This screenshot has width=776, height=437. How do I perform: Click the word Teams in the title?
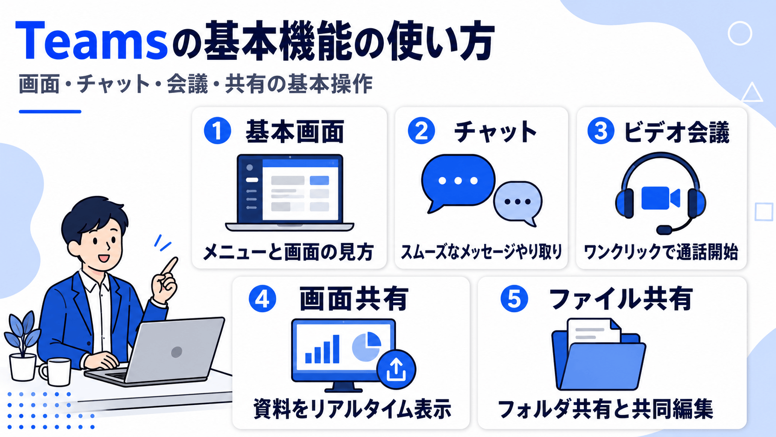tap(92, 41)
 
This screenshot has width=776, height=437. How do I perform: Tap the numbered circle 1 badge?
tap(218, 130)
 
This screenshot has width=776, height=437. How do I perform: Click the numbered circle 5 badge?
tap(514, 299)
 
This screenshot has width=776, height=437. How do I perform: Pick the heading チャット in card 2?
tap(495, 132)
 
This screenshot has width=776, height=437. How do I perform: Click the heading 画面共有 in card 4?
tap(354, 299)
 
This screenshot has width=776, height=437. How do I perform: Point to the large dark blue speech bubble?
tap(458, 183)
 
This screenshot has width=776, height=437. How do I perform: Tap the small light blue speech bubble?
tap(518, 203)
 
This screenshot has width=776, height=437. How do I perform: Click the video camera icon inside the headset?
tap(660, 198)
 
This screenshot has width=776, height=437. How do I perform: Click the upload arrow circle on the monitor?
tap(396, 370)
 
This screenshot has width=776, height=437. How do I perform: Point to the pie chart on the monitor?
tap(367, 346)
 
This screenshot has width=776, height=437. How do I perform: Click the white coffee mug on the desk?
tap(55, 372)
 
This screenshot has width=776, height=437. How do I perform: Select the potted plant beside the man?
tap(23, 346)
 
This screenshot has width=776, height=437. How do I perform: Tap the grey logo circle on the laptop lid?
tap(177, 352)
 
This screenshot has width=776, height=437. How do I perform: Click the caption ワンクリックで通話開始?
tap(661, 252)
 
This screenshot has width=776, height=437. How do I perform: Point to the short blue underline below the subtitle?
tap(50, 111)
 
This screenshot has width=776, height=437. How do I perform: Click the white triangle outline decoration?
tap(752, 93)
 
